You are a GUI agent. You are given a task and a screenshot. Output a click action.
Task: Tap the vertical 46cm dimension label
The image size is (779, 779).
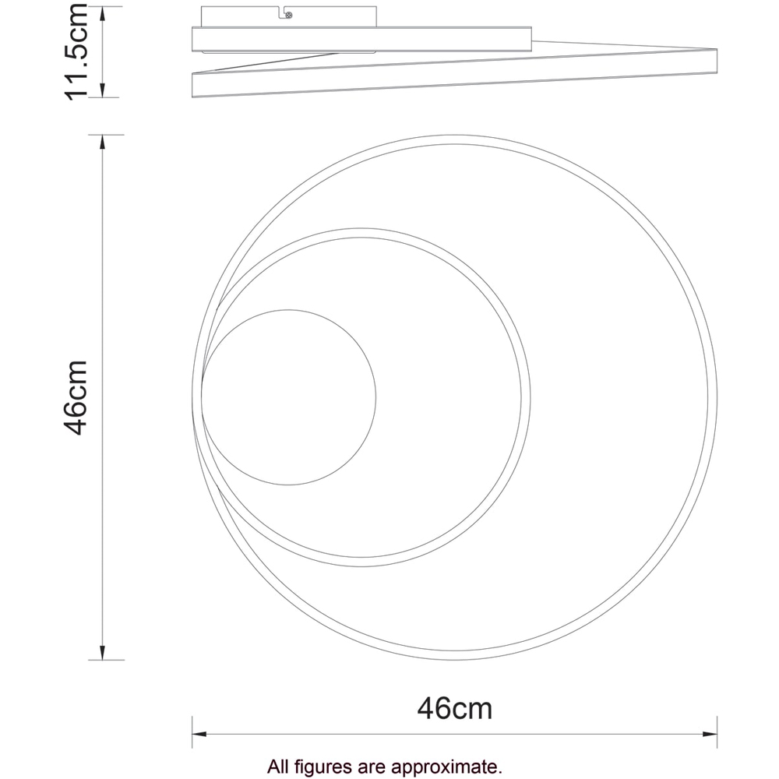coord(76,397)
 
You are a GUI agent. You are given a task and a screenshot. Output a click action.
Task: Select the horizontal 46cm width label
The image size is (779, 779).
coord(455,709)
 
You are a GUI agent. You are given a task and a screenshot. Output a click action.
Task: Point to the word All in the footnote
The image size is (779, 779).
coord(278,767)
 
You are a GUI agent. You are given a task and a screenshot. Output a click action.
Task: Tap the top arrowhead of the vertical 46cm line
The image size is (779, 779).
coord(103,141)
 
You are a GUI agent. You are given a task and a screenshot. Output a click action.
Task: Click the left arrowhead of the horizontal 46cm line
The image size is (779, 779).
coord(199,734)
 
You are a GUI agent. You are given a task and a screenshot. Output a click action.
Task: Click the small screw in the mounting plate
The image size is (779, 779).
coord(289,15)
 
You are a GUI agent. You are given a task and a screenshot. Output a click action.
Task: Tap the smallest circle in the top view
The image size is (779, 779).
coord(288,397)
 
